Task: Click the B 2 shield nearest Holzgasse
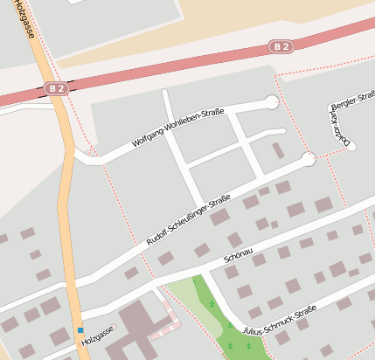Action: (x=56, y=88)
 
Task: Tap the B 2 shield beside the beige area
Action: (x=280, y=46)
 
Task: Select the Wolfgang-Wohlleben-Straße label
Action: (x=178, y=128)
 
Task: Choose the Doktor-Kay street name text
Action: (x=337, y=124)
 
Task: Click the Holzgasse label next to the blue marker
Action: (x=97, y=336)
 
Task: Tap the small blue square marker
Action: (x=80, y=330)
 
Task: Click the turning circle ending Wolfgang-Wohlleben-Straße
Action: (x=272, y=102)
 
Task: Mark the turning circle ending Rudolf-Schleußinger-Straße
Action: (x=308, y=159)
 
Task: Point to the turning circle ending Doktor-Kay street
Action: (x=351, y=146)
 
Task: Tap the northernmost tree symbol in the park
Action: (x=212, y=304)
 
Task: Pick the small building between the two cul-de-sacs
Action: (x=278, y=150)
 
